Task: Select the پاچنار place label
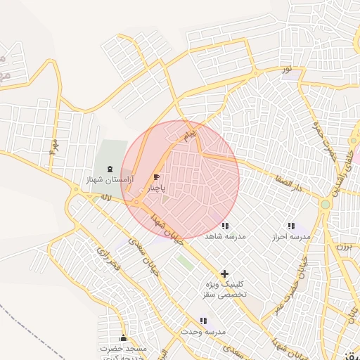click(x=156, y=188)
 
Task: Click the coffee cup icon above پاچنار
click(x=156, y=176)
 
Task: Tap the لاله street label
click(x=106, y=198)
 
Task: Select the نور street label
click(x=286, y=69)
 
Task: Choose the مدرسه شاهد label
click(x=225, y=237)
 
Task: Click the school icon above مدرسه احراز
click(x=291, y=226)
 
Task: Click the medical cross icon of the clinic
click(x=224, y=273)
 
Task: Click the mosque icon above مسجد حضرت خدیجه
click(x=124, y=338)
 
